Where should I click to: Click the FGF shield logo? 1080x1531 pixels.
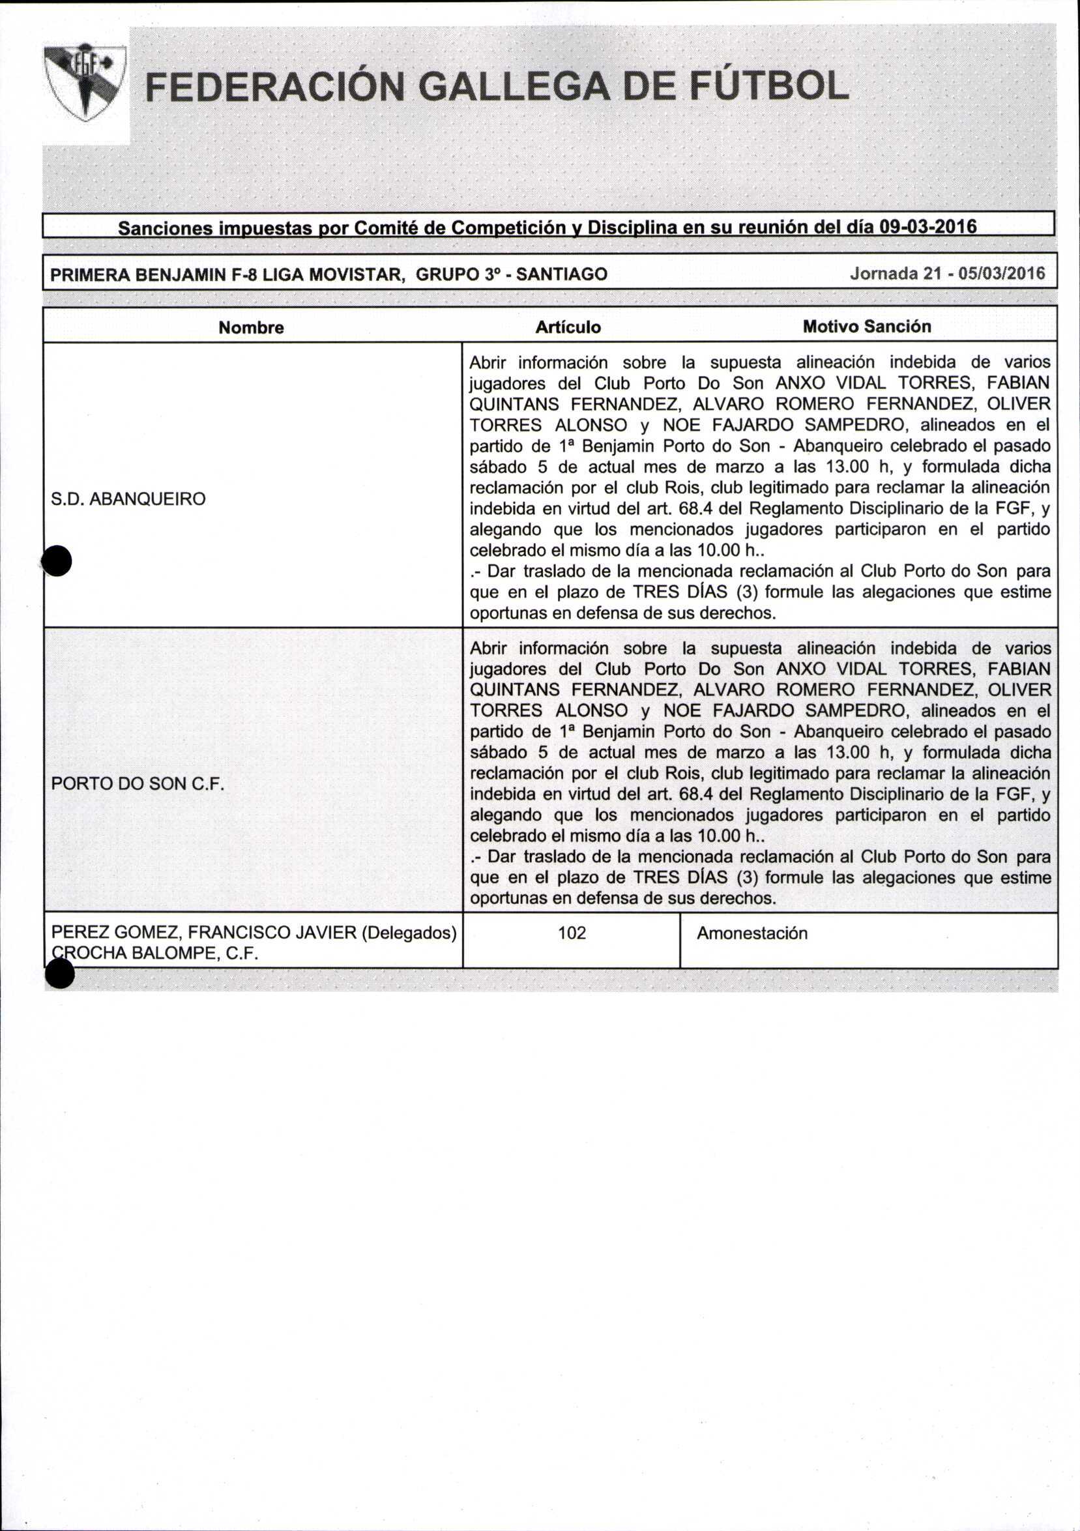tap(85, 83)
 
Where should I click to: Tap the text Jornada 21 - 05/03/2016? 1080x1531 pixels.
tap(947, 273)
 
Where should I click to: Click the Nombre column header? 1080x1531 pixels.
tap(252, 327)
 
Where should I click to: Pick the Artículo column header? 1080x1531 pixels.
tap(568, 327)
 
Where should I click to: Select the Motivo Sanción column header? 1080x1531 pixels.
tap(866, 326)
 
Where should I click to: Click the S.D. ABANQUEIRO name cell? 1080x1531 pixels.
tap(128, 499)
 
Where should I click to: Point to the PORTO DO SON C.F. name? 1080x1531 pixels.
tap(136, 783)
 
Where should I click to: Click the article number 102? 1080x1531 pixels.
tap(572, 933)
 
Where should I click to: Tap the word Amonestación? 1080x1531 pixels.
tap(752, 933)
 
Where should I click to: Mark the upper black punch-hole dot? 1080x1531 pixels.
tap(57, 560)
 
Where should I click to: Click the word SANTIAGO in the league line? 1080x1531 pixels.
tap(561, 274)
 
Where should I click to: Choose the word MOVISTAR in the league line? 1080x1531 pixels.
tap(357, 274)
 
